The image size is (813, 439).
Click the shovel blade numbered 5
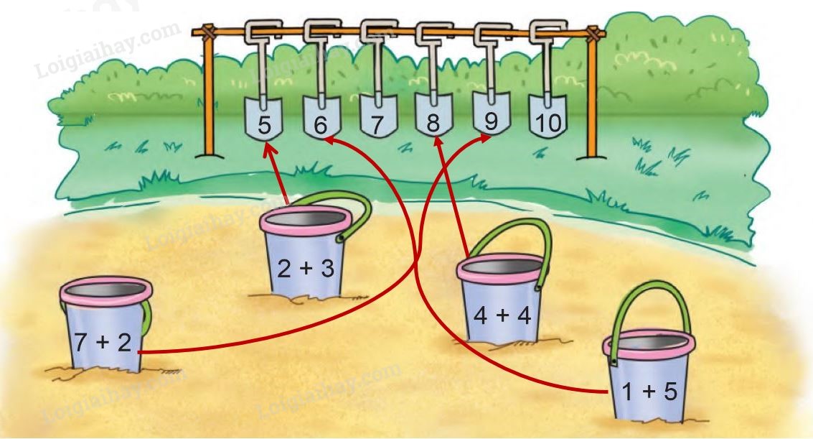264,119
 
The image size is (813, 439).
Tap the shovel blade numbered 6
321,119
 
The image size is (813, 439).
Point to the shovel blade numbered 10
548,116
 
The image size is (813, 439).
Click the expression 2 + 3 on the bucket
306,269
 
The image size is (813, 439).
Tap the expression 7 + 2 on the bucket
103,343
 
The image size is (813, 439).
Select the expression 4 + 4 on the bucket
502,315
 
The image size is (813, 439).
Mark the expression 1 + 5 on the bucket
649,392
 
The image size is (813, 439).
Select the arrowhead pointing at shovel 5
268,149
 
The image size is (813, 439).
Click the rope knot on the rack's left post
208,32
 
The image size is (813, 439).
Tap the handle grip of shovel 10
548,31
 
